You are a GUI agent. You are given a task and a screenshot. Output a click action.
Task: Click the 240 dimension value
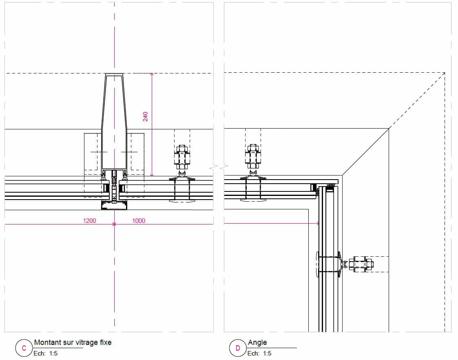tap(145, 117)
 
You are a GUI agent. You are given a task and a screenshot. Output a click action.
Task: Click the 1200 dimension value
tap(89, 221)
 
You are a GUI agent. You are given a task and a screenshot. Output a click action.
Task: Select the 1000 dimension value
tap(138, 221)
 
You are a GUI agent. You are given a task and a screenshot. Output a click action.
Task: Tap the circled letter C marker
tap(24, 348)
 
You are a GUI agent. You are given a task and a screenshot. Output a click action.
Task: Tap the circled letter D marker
tap(238, 348)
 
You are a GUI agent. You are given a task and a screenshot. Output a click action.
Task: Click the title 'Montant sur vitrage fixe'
tap(73, 342)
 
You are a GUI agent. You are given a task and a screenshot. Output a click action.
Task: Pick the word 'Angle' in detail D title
tap(257, 342)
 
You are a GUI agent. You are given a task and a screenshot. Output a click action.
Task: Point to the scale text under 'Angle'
tap(259, 353)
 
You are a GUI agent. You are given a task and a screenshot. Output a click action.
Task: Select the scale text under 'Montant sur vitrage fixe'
tap(46, 353)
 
